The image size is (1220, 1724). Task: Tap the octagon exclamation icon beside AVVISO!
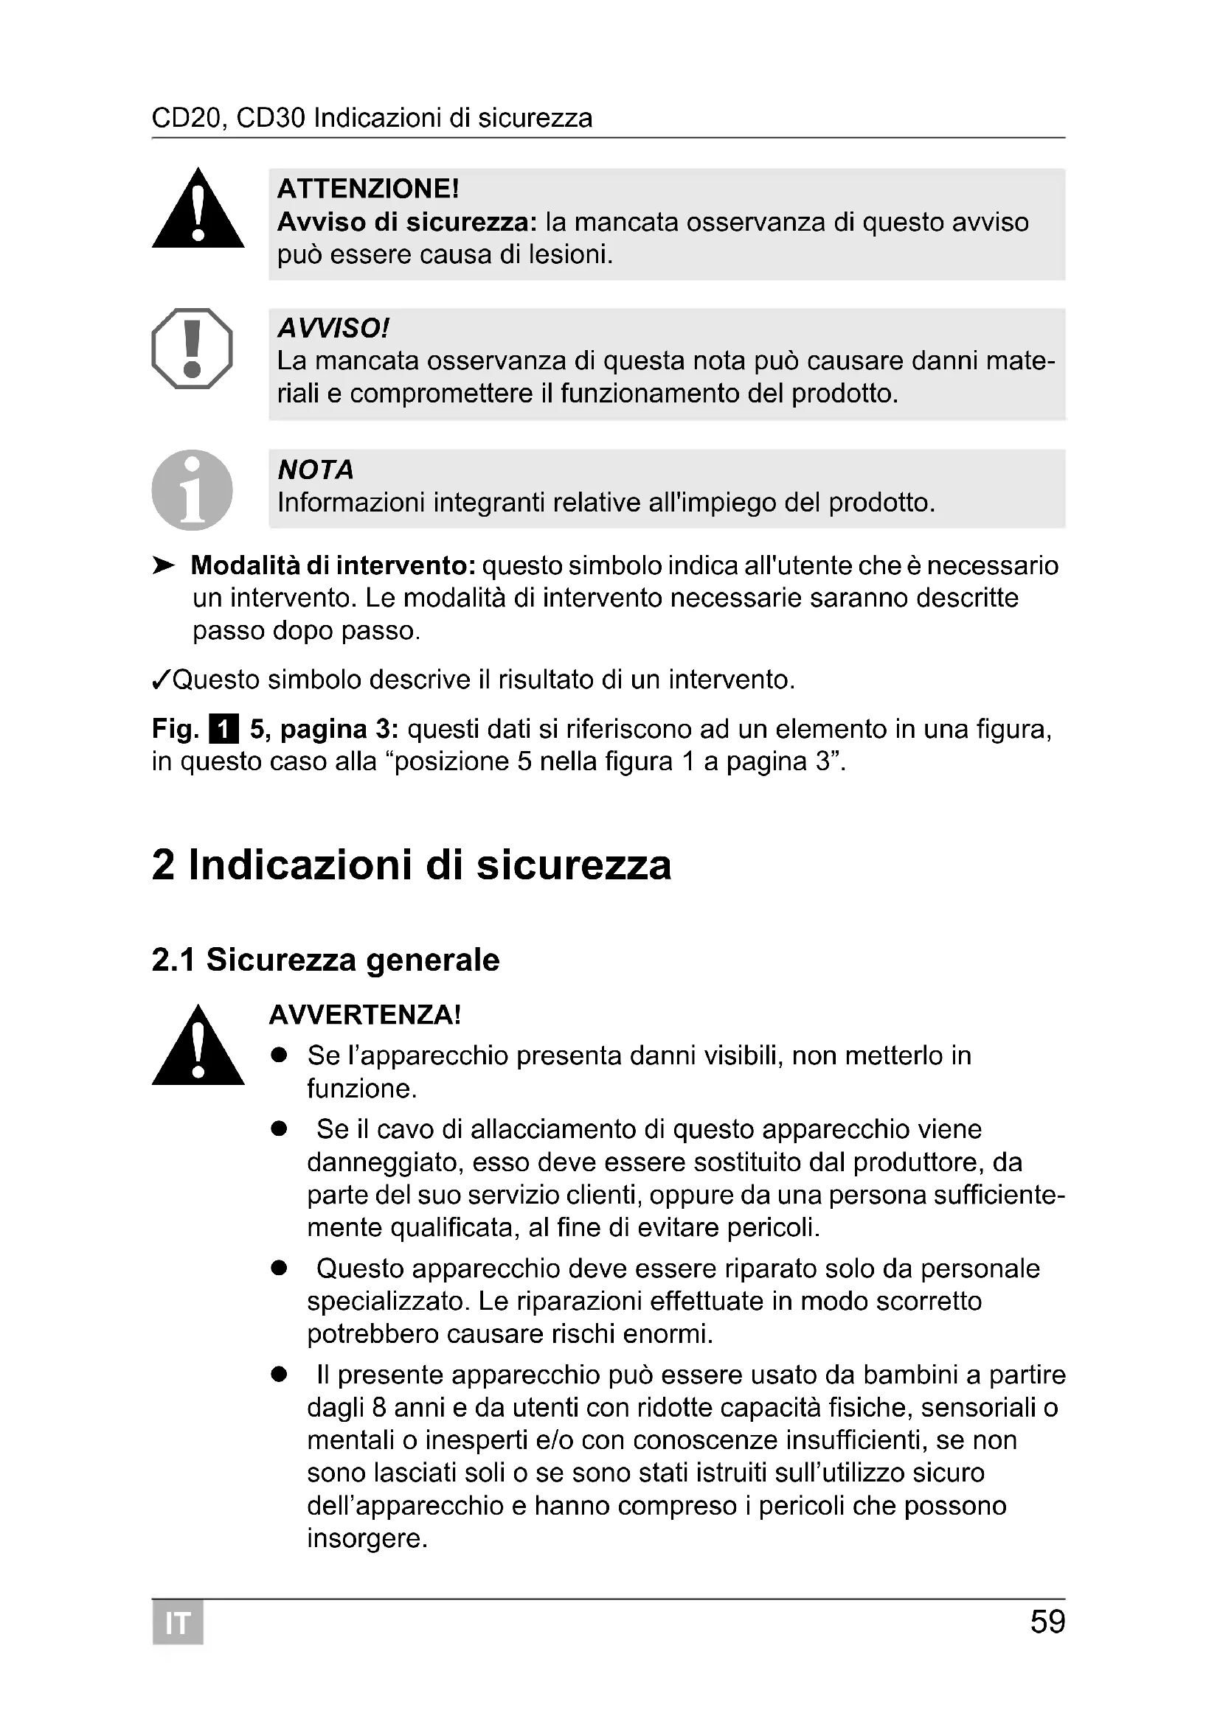193,349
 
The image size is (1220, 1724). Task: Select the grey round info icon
193,489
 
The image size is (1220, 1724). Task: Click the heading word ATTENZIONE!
368,189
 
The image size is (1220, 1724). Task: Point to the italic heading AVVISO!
333,328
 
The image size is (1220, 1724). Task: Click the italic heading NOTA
316,470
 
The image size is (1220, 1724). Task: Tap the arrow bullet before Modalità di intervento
163,565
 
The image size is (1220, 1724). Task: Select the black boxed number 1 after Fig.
225,729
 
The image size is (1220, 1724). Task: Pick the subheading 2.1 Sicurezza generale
325,960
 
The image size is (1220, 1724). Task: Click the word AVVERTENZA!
365,1014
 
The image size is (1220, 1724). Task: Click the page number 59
1047,1622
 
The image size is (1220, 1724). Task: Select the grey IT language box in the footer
178,1623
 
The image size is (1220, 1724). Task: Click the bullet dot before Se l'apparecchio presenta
280,1055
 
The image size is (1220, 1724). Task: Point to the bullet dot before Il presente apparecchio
280,1375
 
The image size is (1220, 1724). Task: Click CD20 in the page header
187,118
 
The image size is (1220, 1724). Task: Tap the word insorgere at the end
367,1538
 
